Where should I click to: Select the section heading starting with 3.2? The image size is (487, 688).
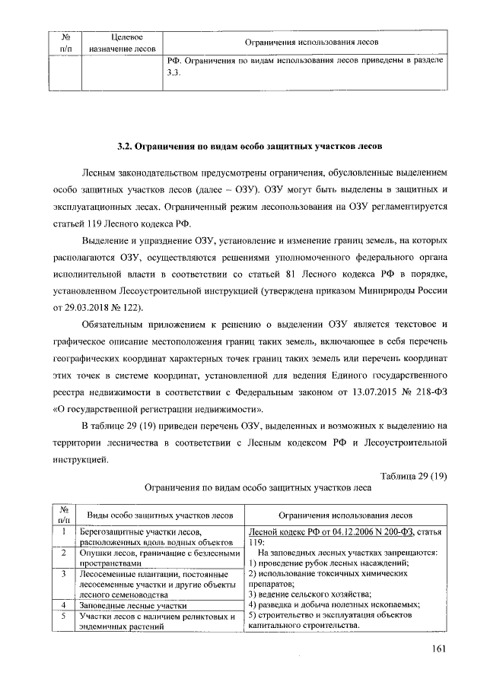pyautogui.click(x=244, y=144)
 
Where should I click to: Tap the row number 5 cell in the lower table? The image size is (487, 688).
pyautogui.click(x=65, y=616)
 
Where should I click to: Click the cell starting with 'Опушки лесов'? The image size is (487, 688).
pyautogui.click(x=155, y=558)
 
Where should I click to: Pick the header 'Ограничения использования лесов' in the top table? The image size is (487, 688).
pyautogui.click(x=311, y=43)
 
